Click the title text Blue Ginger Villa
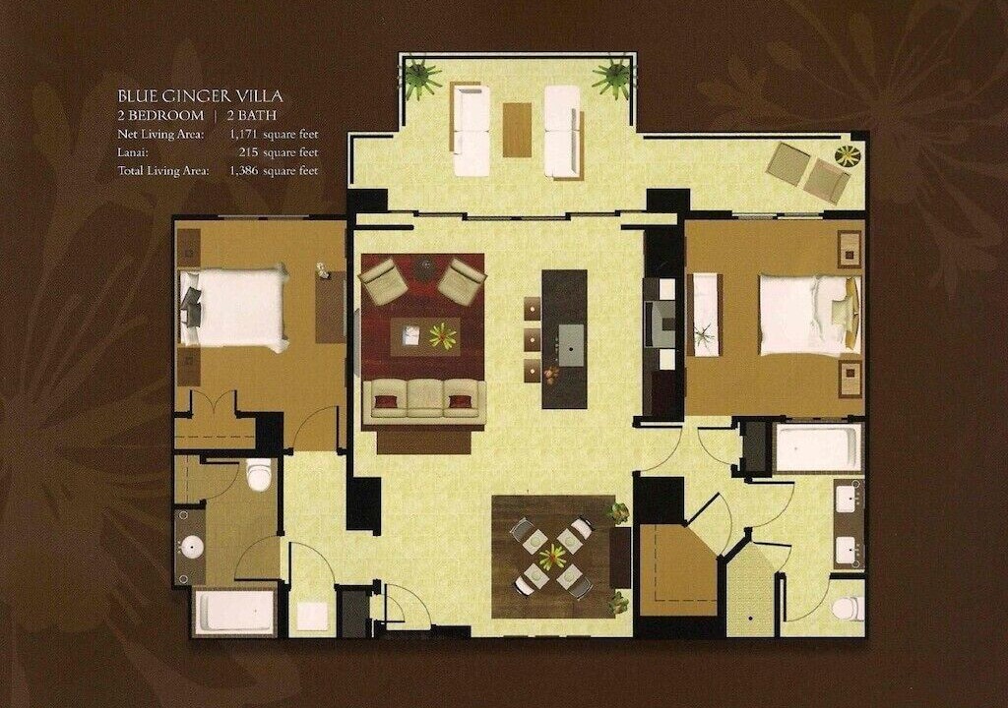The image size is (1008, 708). click(x=200, y=96)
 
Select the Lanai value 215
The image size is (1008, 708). click(x=248, y=152)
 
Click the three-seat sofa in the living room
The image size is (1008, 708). click(x=423, y=401)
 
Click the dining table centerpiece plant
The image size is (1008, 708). click(x=551, y=557)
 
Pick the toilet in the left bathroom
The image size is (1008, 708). click(x=260, y=474)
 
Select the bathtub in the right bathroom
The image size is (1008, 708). click(x=818, y=446)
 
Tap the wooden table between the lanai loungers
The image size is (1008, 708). click(x=517, y=130)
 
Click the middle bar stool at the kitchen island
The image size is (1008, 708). click(x=533, y=339)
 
